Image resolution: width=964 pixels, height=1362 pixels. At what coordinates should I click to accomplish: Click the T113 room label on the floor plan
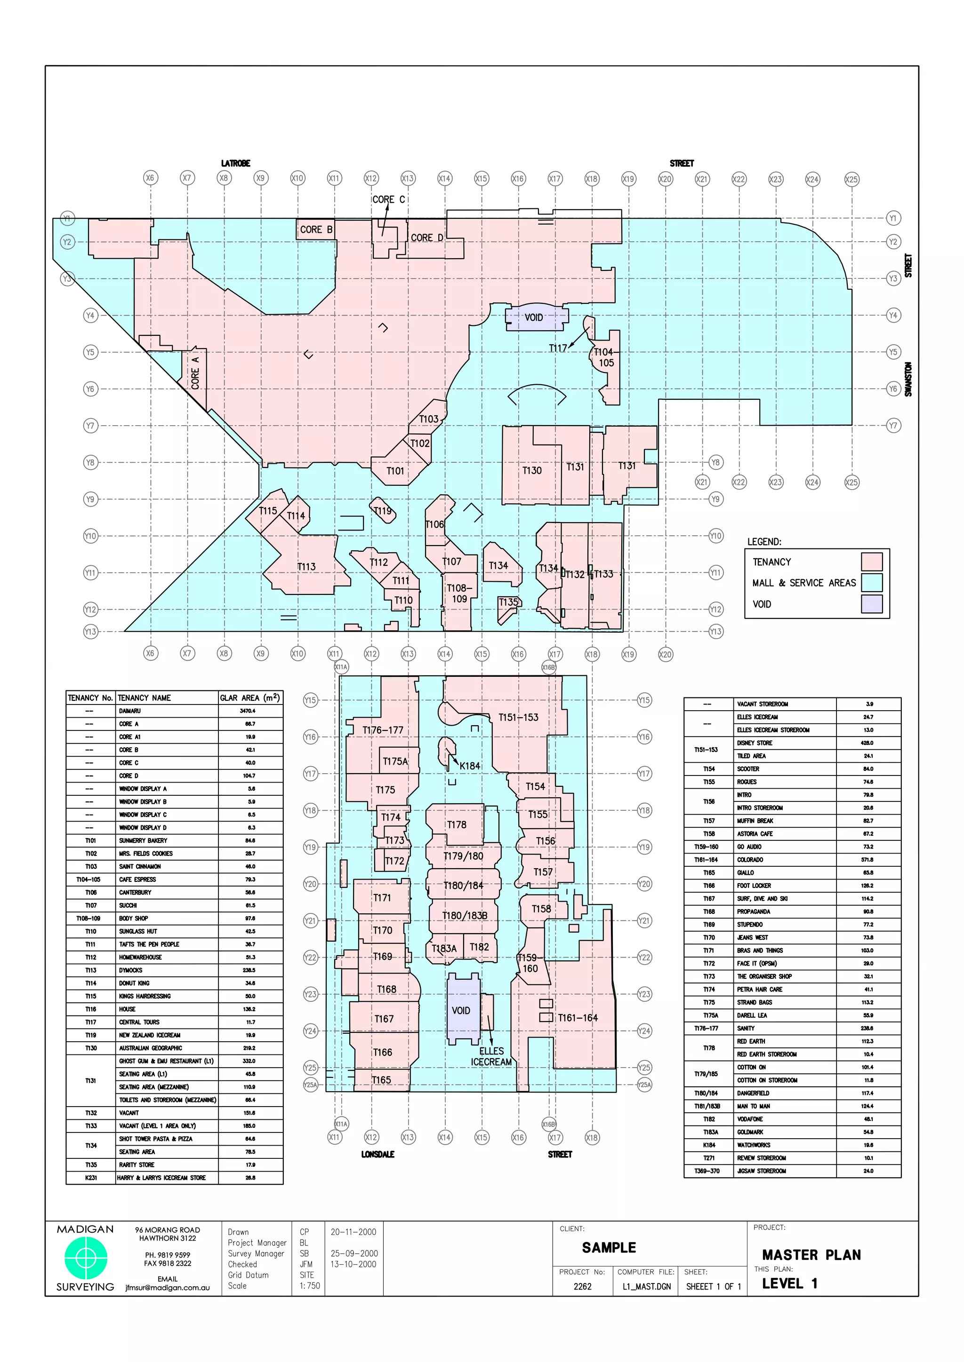coord(306,567)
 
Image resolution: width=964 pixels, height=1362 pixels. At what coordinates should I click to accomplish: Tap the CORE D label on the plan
coord(427,238)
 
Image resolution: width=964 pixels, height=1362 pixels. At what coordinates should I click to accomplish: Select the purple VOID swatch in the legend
coord(871,604)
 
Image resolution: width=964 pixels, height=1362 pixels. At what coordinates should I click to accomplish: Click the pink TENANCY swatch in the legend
coord(871,561)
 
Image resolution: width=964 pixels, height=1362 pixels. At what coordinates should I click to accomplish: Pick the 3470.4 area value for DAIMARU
coord(248,711)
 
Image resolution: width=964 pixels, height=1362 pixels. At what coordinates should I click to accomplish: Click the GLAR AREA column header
coord(249,697)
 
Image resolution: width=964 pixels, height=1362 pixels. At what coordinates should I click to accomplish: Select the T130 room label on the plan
coord(532,470)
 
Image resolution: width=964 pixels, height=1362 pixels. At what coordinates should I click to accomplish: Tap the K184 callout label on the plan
coord(470,766)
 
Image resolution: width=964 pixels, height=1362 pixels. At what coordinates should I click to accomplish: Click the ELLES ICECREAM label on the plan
coord(491,1056)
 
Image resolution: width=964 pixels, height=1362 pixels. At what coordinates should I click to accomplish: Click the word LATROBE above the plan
coord(236,163)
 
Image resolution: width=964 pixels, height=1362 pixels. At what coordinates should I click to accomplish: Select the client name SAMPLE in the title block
coord(609,1248)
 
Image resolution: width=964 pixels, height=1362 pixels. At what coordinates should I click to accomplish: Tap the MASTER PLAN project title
coord(811,1255)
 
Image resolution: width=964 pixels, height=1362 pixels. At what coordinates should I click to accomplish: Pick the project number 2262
coord(582,1286)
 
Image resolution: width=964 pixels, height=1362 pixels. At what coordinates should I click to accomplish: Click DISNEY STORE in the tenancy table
coord(755,743)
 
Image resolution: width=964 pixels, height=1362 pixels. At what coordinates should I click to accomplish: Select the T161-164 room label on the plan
coord(578,1017)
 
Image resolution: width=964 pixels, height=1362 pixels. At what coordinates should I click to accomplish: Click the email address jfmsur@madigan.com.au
coord(168,1288)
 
